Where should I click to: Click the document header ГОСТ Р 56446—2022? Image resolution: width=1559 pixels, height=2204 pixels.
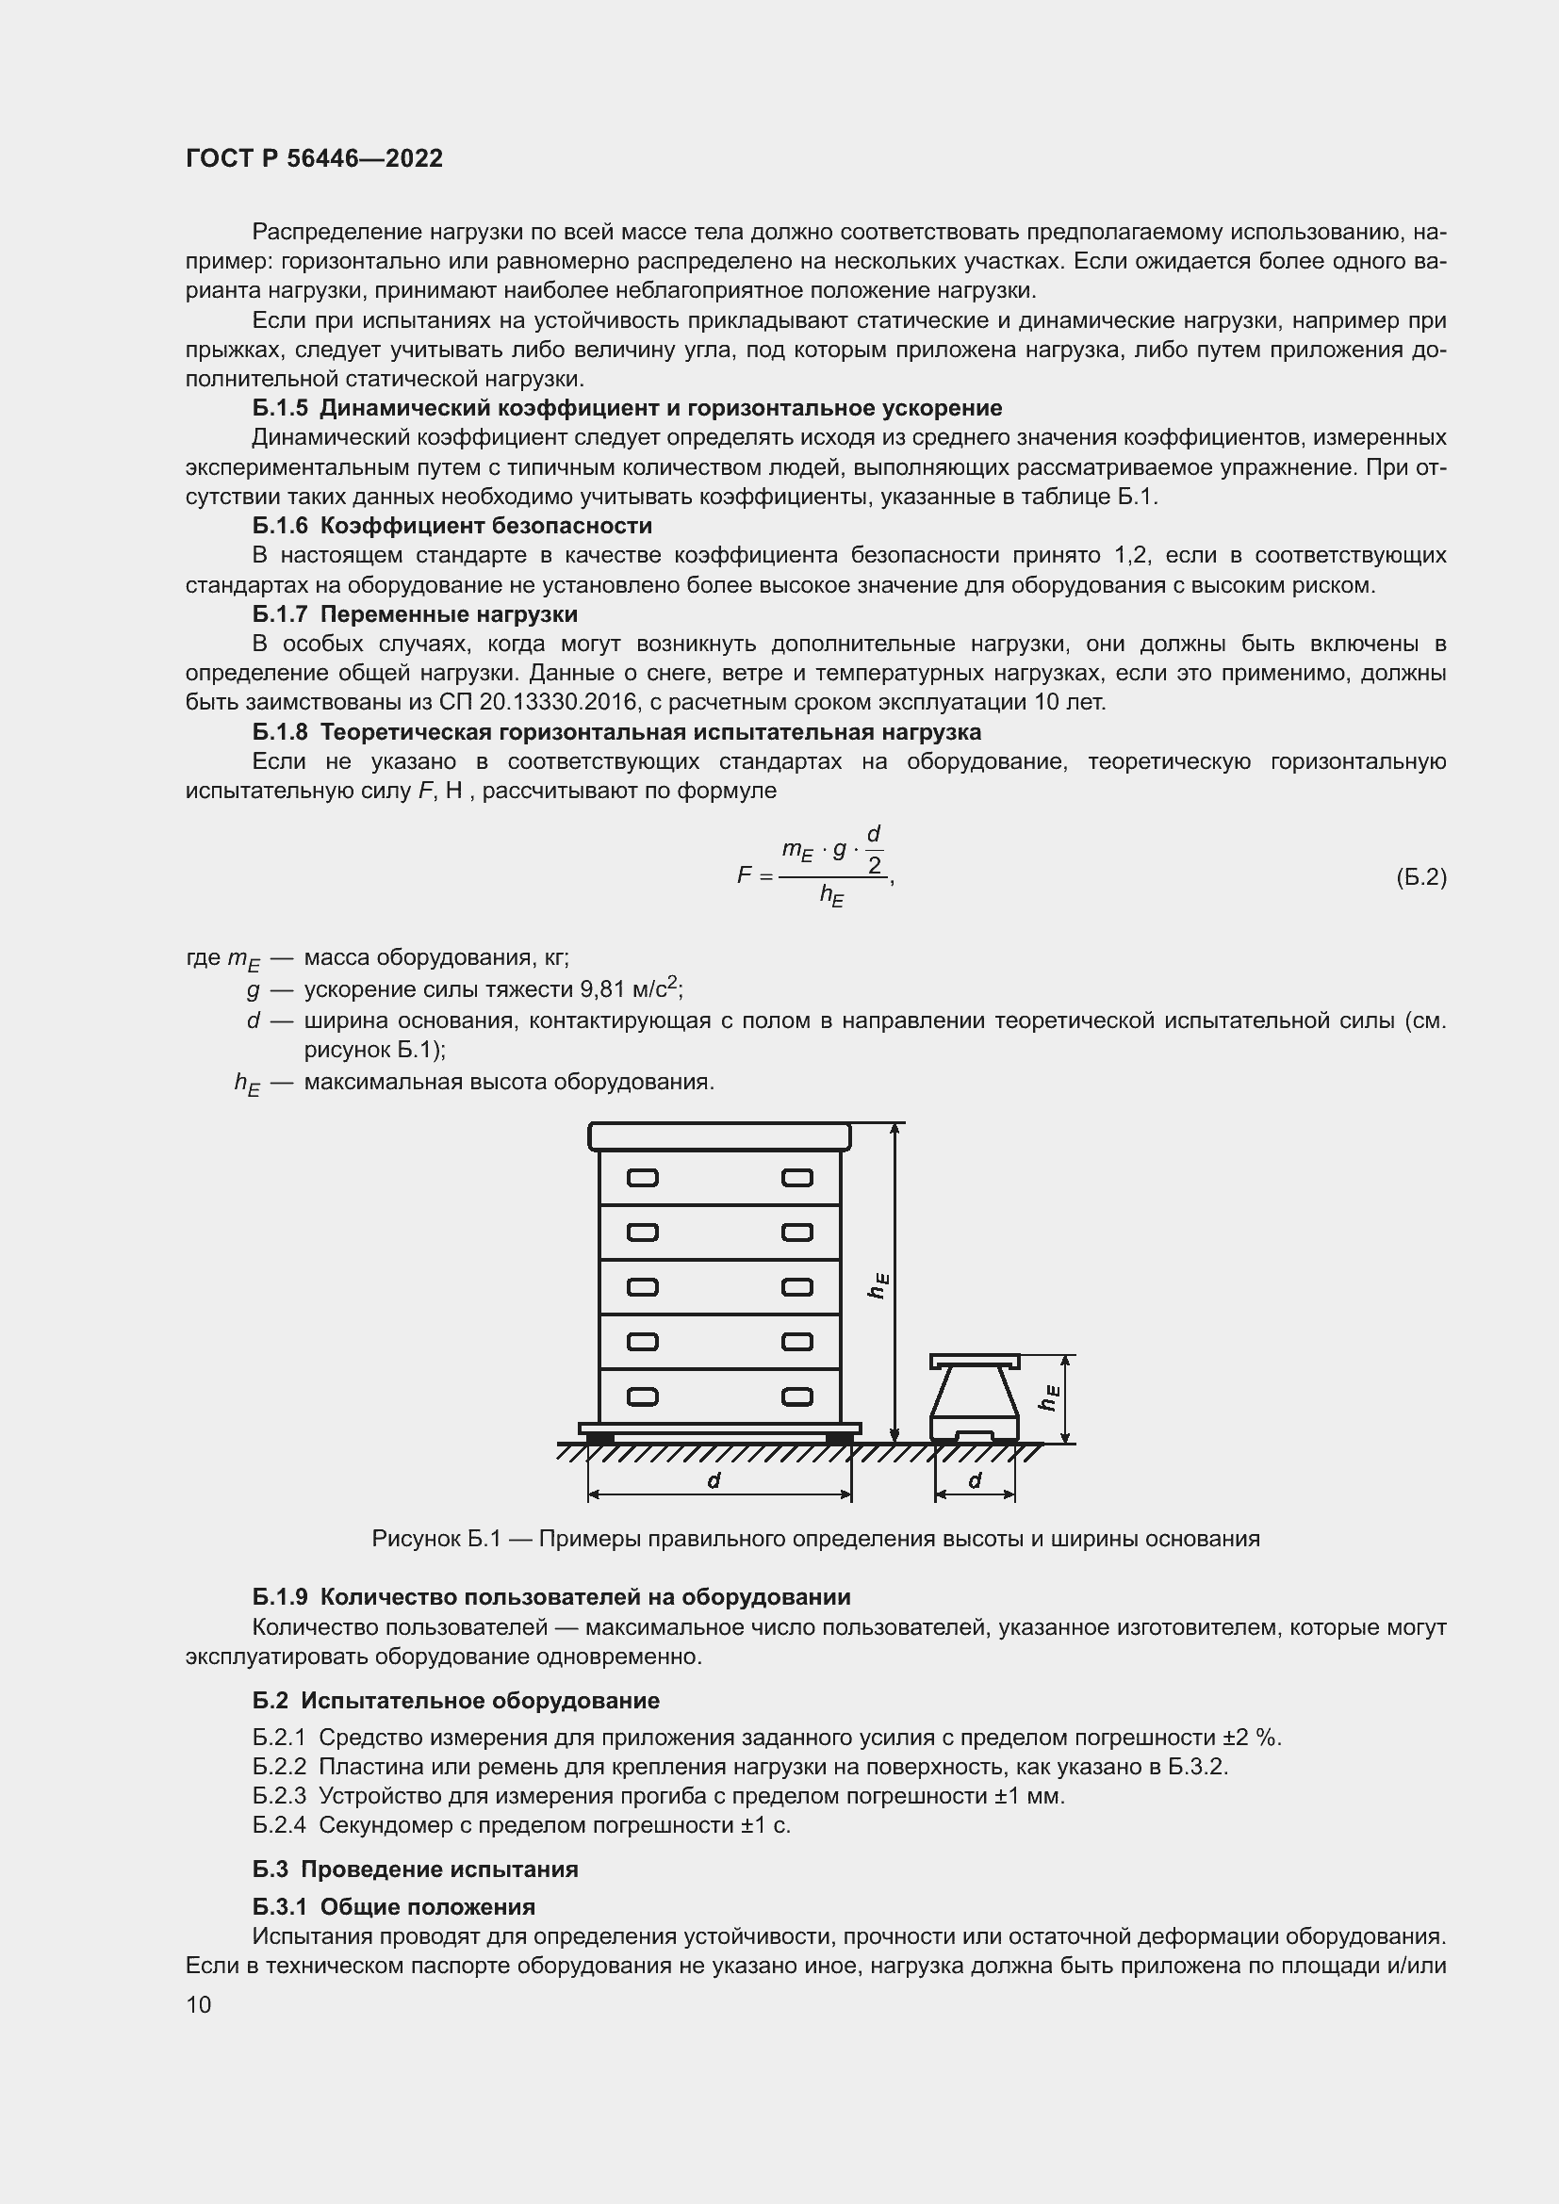314,158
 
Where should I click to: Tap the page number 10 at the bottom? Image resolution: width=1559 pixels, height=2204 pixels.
199,2004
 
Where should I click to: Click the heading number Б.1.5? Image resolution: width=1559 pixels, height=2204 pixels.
280,408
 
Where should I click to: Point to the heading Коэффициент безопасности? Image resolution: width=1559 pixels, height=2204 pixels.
485,526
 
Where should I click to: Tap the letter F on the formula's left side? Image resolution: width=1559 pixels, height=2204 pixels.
744,875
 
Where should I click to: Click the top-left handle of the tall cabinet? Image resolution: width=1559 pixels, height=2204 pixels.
642,1178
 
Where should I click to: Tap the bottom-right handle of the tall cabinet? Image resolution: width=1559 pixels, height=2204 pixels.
796,1396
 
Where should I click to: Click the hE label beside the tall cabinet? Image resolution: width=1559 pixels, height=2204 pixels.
878,1285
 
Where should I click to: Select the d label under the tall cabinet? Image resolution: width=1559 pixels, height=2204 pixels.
714,1481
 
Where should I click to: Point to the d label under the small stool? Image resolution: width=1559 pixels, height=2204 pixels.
976,1481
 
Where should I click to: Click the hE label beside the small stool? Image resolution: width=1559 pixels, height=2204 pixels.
1049,1396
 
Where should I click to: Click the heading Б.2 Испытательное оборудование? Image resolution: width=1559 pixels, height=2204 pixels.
456,1700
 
